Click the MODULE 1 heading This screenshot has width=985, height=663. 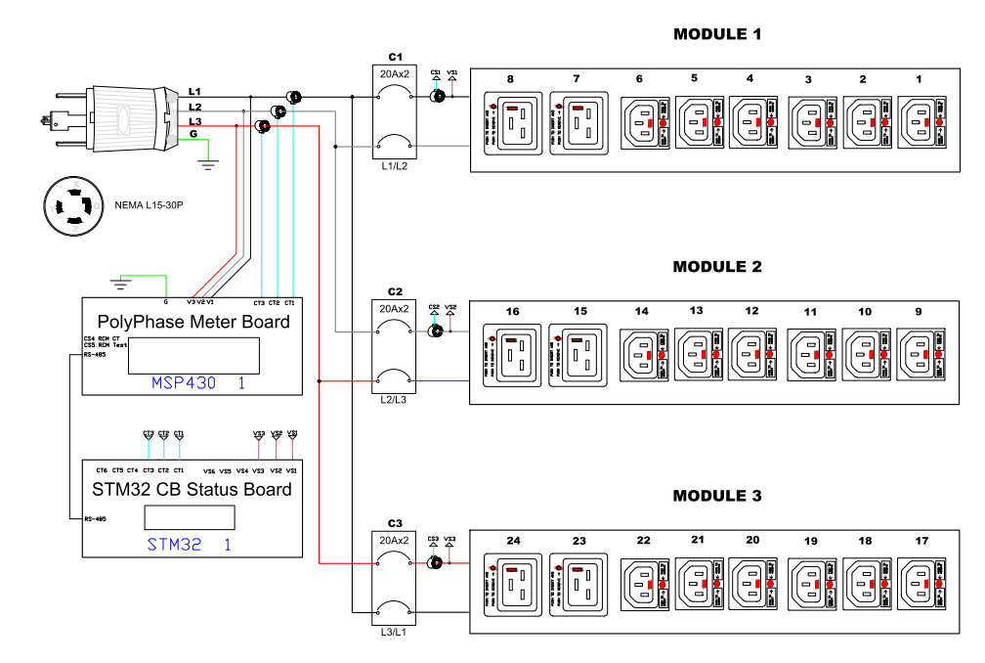(716, 34)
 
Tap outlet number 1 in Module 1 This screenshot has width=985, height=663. (920, 122)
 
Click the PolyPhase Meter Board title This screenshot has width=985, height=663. (193, 322)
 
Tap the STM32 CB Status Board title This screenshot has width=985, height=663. (191, 489)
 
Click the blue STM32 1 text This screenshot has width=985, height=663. (189, 545)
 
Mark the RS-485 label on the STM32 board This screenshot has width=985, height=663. (95, 519)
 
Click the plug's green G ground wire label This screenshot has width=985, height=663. (193, 133)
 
